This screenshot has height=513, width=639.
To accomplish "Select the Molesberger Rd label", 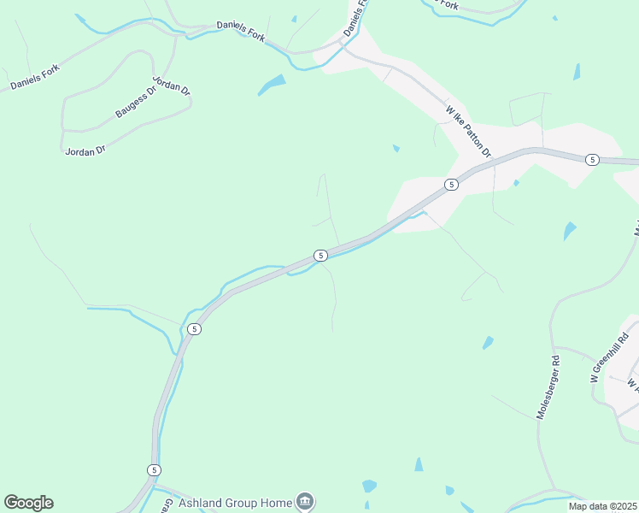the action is (x=548, y=386).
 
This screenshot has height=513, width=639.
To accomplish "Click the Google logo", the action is (x=28, y=503).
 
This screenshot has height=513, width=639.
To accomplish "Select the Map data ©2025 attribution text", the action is (x=601, y=506).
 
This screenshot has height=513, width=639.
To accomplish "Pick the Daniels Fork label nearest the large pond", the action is (x=243, y=30).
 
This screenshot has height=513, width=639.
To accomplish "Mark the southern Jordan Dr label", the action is (x=85, y=150).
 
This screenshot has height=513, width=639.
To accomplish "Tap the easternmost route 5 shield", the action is (x=591, y=160).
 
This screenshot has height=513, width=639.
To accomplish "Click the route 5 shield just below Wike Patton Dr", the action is (x=450, y=184).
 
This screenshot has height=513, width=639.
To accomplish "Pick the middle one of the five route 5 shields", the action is (x=320, y=255).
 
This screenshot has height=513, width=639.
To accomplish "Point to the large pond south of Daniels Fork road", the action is (x=272, y=84).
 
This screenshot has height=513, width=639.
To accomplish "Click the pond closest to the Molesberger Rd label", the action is (x=488, y=343).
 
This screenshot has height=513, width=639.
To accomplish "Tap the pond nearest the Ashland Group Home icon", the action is (x=369, y=486).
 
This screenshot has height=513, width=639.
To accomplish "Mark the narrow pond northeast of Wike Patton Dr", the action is (x=577, y=72).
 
